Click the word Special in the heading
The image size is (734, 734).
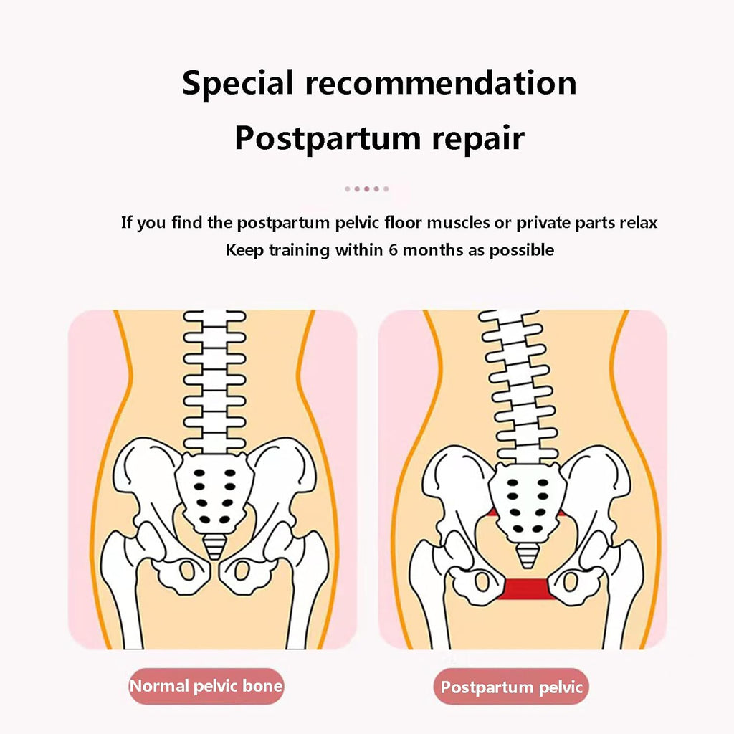coord(237,83)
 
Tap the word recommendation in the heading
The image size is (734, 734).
coord(441,82)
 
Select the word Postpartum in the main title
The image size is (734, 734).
coord(328,138)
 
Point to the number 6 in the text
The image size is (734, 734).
coord(393,250)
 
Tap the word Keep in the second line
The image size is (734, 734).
coord(245,250)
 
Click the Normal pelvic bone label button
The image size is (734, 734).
coord(206,686)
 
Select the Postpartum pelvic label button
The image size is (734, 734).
coord(511,687)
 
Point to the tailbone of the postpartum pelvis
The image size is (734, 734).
coord(527,556)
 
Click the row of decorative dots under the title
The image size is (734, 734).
coord(366,189)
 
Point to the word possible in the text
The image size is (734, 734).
coord(522,250)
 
